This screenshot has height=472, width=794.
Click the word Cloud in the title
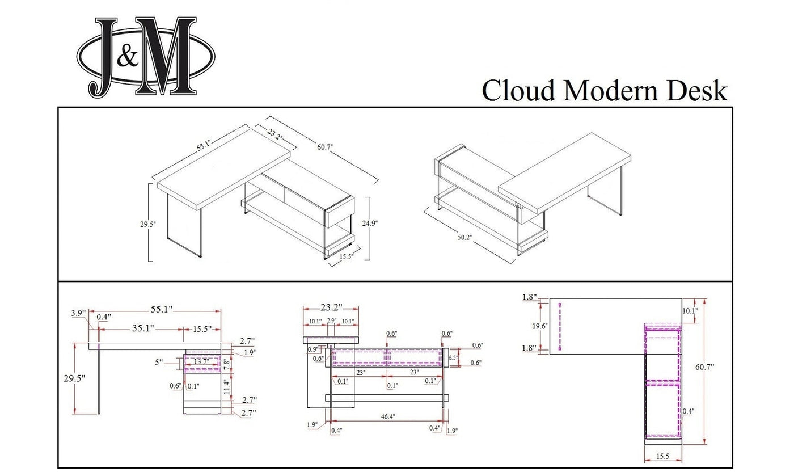pyautogui.click(x=518, y=91)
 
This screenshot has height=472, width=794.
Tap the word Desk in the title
pyautogui.click(x=697, y=91)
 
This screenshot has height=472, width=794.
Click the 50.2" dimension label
pyautogui.click(x=464, y=237)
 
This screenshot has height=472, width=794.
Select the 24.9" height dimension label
pyautogui.click(x=370, y=223)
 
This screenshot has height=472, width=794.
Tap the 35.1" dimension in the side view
pyautogui.click(x=143, y=328)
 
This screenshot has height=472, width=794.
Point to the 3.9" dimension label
pyautogui.click(x=79, y=313)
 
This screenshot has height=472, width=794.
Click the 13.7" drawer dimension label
pyautogui.click(x=201, y=362)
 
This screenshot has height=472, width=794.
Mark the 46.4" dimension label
pyautogui.click(x=387, y=416)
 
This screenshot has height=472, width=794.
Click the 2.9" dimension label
pyautogui.click(x=332, y=320)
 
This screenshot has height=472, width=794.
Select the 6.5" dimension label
pyautogui.click(x=453, y=358)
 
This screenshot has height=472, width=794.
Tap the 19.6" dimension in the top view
pyautogui.click(x=540, y=326)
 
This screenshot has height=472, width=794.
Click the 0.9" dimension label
pyautogui.click(x=312, y=349)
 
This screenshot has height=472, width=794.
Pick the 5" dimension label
pyautogui.click(x=158, y=362)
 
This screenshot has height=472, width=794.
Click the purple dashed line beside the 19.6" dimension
pyautogui.click(x=560, y=326)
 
